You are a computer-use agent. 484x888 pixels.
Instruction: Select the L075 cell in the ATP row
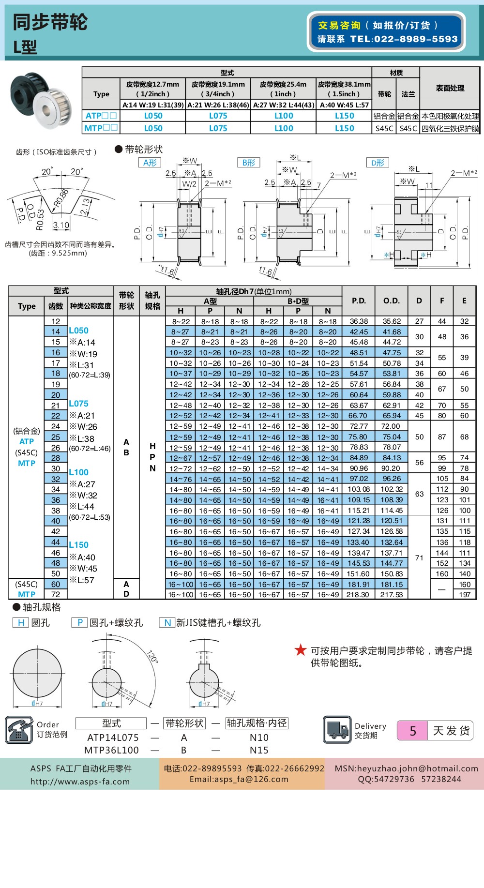[x=218, y=116]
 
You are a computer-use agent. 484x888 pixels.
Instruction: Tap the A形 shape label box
[x=150, y=163]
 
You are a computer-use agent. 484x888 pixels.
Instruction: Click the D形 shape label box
[x=378, y=163]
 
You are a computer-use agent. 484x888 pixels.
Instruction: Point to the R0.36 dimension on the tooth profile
[x=61, y=197]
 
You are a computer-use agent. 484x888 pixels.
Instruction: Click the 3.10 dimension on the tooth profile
[x=61, y=225]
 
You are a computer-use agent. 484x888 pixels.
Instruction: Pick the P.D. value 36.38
[x=359, y=321]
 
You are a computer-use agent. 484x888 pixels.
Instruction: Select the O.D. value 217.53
[x=392, y=595]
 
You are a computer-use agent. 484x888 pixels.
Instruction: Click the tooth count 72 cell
[x=56, y=595]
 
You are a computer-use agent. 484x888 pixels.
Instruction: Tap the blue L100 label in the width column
[x=78, y=472]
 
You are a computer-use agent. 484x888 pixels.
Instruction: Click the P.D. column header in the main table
[x=359, y=301]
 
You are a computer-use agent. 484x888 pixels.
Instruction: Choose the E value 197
[x=465, y=595]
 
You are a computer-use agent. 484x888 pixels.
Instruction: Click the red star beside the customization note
[x=301, y=650]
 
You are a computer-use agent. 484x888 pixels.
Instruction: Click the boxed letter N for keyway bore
[x=167, y=623]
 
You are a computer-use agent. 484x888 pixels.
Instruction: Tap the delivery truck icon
[x=337, y=730]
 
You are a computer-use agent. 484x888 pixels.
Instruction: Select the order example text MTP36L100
[x=111, y=751]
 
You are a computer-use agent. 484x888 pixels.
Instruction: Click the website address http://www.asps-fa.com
[x=80, y=782]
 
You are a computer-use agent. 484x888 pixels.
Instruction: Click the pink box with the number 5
[x=412, y=731]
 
